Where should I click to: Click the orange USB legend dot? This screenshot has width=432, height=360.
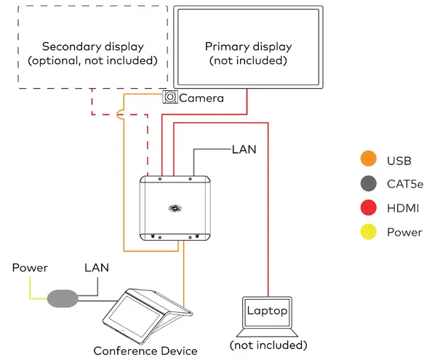pyautogui.click(x=369, y=160)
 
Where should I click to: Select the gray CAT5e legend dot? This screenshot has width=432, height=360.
pyautogui.click(x=369, y=184)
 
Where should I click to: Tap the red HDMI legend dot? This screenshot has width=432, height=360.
pyautogui.click(x=369, y=209)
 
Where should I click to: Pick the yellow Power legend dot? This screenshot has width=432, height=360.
pyautogui.click(x=369, y=233)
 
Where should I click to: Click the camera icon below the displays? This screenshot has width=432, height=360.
pyautogui.click(x=170, y=97)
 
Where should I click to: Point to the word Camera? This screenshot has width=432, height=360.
pyautogui.click(x=201, y=98)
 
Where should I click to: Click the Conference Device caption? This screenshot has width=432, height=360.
pyautogui.click(x=145, y=351)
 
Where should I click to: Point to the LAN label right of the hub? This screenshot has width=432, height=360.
pyautogui.click(x=244, y=149)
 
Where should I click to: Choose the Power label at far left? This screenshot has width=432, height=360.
pyautogui.click(x=30, y=268)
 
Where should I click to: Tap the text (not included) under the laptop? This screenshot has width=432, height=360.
pyautogui.click(x=268, y=345)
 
